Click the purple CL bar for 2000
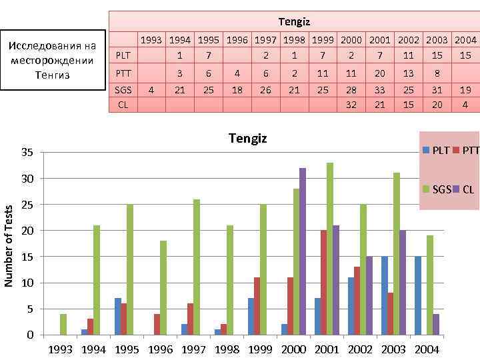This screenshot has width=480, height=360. (x=303, y=251)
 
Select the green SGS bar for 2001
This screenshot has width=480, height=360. (x=329, y=249)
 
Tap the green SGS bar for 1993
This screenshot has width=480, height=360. (x=63, y=324)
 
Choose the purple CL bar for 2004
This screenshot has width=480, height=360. (x=435, y=324)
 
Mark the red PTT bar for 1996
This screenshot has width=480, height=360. (x=157, y=324)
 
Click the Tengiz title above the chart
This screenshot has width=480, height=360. (x=247, y=139)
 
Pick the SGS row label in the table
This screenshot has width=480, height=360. (x=124, y=89)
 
